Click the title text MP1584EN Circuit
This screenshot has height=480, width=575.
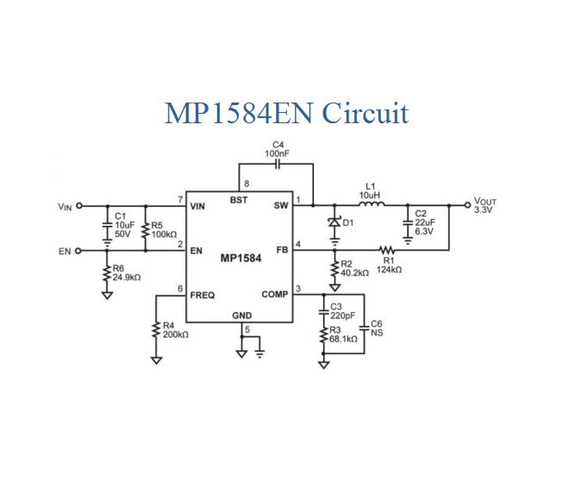[x=286, y=113]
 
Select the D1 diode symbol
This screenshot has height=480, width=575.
[x=334, y=223]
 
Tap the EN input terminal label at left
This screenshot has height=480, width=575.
[x=64, y=251]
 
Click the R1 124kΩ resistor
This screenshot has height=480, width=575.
[x=388, y=251]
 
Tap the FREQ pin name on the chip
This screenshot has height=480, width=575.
[x=203, y=295]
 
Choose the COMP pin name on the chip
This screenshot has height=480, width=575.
[x=275, y=295]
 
